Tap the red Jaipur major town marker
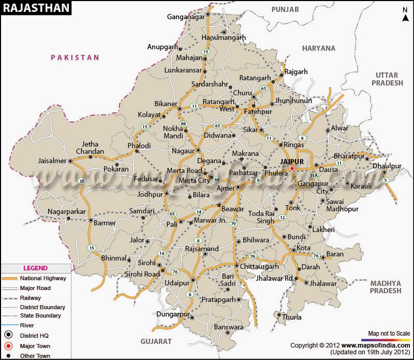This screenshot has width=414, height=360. (x=292, y=168)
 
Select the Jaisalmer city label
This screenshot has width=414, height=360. (x=52, y=161)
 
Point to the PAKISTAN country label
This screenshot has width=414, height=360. (x=75, y=57)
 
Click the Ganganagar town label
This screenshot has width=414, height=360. (x=185, y=17)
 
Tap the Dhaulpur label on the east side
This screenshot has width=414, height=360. (x=387, y=166)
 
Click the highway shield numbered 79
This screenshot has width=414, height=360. (x=233, y=224)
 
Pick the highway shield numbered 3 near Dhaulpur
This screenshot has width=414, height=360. (x=385, y=180)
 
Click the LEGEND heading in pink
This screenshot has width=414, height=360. (x=35, y=268)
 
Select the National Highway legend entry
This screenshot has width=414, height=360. (x=41, y=278)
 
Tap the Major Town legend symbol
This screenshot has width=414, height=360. (x=9, y=345)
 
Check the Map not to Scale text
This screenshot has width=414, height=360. (x=389, y=333)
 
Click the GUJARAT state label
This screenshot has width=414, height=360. (x=156, y=341)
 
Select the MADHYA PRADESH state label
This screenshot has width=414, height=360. (x=386, y=287)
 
